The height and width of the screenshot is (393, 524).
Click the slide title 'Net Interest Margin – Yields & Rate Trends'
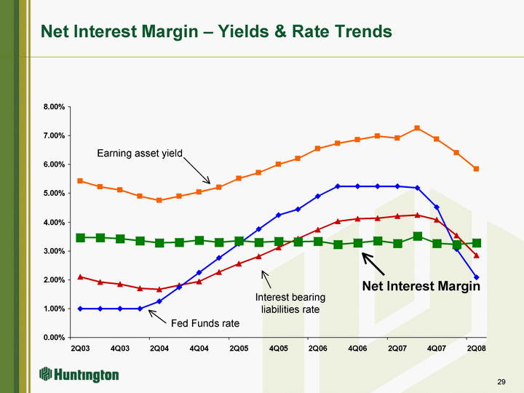coord(216,31)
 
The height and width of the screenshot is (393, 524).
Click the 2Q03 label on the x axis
coord(80,349)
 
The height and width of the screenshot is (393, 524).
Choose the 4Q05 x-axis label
coord(278,349)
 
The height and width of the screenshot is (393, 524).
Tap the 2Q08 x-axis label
coord(476,349)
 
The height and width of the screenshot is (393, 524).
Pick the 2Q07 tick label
coord(397,349)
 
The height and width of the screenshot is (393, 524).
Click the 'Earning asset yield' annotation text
coord(140,154)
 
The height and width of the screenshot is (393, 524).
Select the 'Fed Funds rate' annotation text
coord(199,323)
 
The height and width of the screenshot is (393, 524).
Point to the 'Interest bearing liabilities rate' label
coord(290,303)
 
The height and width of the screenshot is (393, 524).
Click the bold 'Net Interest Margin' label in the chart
coord(421,286)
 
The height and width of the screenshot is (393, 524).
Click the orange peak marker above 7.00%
coord(417,128)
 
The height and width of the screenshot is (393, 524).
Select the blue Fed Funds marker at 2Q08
coord(476,277)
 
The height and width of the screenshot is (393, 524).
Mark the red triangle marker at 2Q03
coord(80,277)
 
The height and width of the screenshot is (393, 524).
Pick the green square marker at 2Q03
coord(80,238)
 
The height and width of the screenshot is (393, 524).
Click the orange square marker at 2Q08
coord(476,169)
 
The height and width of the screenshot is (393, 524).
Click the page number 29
coord(501,381)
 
